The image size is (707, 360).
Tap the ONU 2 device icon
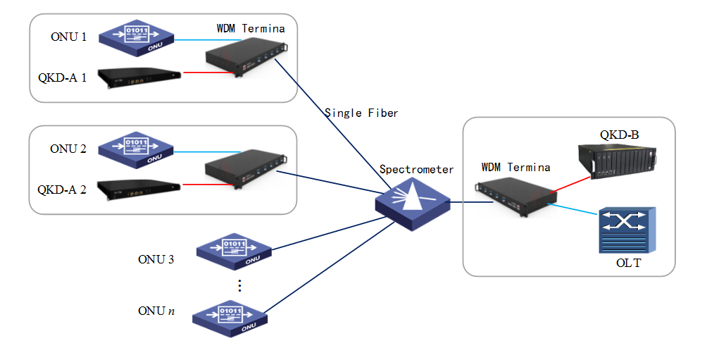point(136,149)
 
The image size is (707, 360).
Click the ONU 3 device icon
point(233,250)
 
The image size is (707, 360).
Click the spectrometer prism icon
point(413,205)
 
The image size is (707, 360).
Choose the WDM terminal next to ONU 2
point(244,169)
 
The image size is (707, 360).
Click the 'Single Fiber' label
point(361,113)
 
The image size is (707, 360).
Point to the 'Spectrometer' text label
point(417,169)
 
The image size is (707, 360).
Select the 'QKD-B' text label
point(619,134)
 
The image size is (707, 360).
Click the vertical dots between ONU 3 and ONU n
point(239,285)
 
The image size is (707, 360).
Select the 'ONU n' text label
point(156,311)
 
